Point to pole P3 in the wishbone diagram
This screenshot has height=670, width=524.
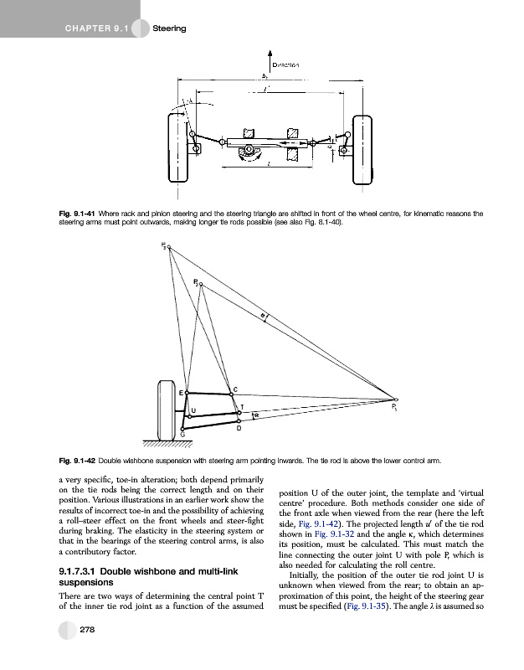pos(168,247)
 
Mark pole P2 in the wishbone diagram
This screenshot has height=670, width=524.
pos(201,284)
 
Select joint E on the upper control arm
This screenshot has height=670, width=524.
pos(186,391)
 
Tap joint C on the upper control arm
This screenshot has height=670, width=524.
pos(231,394)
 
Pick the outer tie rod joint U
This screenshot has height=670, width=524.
pos(188,414)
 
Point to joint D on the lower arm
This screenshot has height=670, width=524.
pos(239,423)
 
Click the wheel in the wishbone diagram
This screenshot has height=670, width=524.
pos(166,409)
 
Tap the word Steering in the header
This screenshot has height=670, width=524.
pos(167,29)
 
